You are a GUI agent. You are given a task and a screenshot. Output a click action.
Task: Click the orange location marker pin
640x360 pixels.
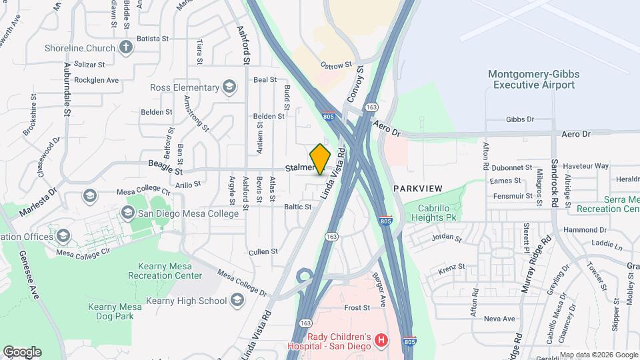[x=320, y=159]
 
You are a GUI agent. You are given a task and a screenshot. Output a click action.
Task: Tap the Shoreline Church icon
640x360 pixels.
[x=126, y=47]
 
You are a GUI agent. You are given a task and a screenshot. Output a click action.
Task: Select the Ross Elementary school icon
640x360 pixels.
[x=229, y=87]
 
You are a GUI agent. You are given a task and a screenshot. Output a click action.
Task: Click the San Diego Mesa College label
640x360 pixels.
[x=188, y=213]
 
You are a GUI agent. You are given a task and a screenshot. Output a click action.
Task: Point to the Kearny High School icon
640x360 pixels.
[x=237, y=301]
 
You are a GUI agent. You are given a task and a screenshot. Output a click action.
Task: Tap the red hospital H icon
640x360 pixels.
[x=381, y=341]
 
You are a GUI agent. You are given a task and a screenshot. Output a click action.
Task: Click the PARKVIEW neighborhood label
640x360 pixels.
[x=418, y=189]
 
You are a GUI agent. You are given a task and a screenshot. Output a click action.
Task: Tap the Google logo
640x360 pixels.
[x=22, y=352]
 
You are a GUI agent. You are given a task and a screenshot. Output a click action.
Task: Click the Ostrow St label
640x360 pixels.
[x=335, y=65]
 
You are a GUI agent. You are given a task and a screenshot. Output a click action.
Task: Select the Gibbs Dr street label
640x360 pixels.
[x=520, y=119]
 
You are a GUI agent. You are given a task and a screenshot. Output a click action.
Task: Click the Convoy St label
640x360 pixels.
[x=354, y=84]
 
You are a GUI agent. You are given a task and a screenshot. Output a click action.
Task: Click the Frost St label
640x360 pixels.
[x=357, y=308]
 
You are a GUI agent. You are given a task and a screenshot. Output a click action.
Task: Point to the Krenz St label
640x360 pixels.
[x=452, y=267]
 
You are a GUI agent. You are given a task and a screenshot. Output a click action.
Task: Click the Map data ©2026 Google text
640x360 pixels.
[x=598, y=355]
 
